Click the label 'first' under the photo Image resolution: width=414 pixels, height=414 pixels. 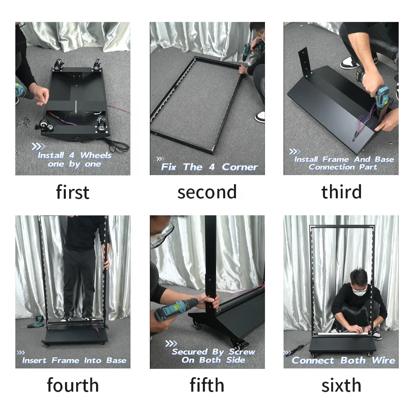click(x=72, y=192)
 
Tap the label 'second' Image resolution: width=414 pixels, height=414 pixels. click(x=207, y=192)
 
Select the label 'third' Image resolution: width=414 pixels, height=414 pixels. click(x=342, y=192)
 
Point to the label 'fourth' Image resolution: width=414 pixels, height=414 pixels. click(x=72, y=385)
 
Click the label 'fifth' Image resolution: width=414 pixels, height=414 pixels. click(x=207, y=385)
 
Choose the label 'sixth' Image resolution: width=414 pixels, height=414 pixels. click(x=341, y=385)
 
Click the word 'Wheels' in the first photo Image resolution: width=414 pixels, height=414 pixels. click(x=96, y=155)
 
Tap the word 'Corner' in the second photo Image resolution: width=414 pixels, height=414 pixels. click(x=240, y=167)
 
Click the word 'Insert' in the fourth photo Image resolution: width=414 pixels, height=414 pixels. click(x=34, y=361)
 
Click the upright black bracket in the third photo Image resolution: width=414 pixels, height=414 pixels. click(x=306, y=63)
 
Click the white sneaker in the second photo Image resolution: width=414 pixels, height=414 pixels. click(x=260, y=117)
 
